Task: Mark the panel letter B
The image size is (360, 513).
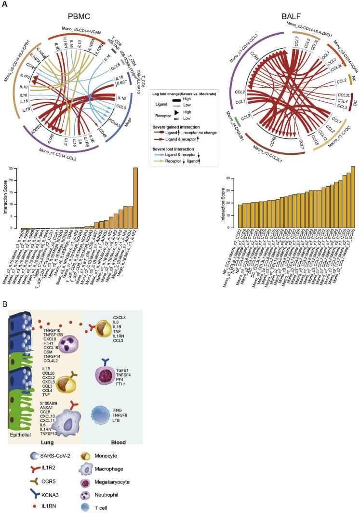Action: click(x=4, y=305)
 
